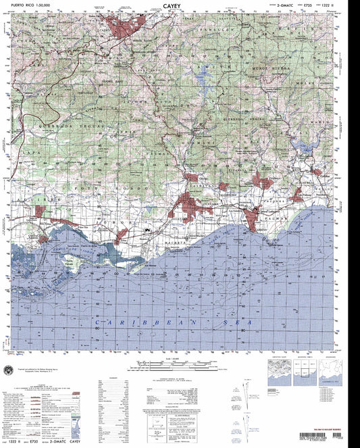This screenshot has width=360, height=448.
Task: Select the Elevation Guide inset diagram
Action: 279,372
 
